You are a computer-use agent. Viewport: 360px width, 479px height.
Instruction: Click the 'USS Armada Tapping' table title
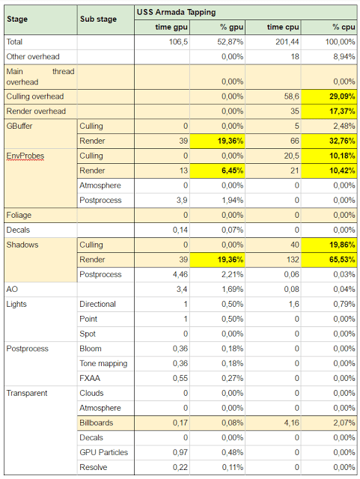click(176, 12)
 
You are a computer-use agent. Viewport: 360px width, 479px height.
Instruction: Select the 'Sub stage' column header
click(98, 19)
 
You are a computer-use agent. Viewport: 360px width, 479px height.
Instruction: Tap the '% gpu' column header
click(232, 27)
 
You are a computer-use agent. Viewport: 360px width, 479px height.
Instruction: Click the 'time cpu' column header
click(283, 27)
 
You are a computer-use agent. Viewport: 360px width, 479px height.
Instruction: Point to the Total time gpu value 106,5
click(178, 42)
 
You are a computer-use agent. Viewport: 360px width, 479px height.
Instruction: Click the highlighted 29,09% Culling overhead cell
click(329, 97)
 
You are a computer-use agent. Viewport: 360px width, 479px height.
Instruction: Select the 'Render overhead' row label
click(36, 112)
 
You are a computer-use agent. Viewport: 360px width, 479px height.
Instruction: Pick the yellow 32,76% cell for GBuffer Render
click(329, 141)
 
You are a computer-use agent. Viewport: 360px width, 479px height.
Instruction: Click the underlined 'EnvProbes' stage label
click(25, 156)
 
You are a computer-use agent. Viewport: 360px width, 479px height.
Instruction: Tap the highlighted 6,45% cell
click(217, 171)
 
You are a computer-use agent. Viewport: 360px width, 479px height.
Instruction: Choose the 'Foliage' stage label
click(19, 215)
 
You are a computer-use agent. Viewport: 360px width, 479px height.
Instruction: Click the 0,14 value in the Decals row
click(180, 230)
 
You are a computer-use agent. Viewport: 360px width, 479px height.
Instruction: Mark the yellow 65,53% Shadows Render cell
click(329, 260)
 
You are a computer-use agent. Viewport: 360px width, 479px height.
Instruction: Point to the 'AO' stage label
click(12, 290)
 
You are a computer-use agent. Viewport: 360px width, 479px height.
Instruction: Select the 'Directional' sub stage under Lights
click(98, 305)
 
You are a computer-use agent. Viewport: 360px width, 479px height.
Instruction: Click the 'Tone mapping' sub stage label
click(103, 364)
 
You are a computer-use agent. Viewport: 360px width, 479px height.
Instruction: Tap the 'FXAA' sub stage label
click(90, 379)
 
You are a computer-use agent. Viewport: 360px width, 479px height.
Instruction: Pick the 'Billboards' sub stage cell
click(106, 423)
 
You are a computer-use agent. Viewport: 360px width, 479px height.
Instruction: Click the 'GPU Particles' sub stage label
click(104, 452)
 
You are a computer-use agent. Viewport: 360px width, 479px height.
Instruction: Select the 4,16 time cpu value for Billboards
click(292, 423)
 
